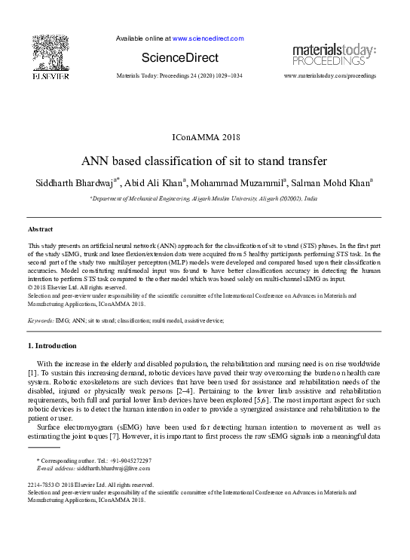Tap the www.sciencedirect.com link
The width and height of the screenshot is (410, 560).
[x=208, y=38]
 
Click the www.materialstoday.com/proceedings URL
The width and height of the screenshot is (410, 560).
[x=329, y=77]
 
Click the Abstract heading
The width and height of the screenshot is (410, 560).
[x=40, y=228]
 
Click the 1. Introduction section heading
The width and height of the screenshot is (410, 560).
[x=52, y=346]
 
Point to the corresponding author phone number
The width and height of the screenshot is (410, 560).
[x=126, y=461]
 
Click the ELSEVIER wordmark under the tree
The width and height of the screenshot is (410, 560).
[x=50, y=76]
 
